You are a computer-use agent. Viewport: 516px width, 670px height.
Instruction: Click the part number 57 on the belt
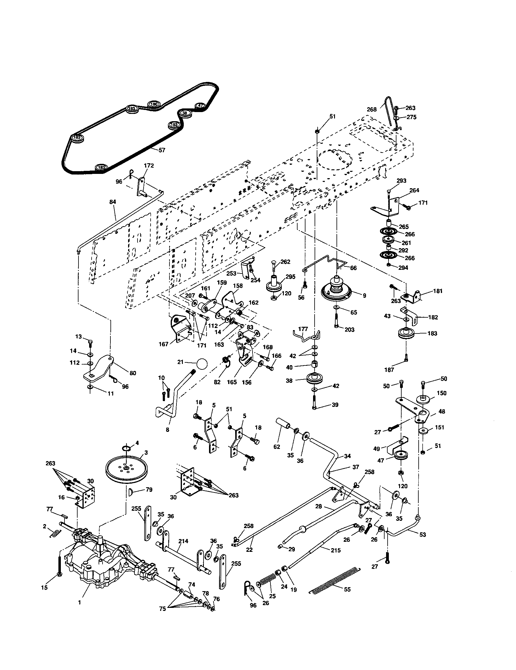click(x=162, y=150)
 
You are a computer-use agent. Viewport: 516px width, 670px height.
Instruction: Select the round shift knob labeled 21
click(x=202, y=364)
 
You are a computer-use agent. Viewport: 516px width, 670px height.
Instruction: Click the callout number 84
click(x=113, y=202)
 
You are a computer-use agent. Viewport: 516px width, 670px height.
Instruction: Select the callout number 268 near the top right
click(x=372, y=109)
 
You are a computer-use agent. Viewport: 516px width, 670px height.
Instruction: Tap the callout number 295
click(x=290, y=277)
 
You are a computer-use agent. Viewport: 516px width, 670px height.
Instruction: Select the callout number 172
click(x=148, y=166)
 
